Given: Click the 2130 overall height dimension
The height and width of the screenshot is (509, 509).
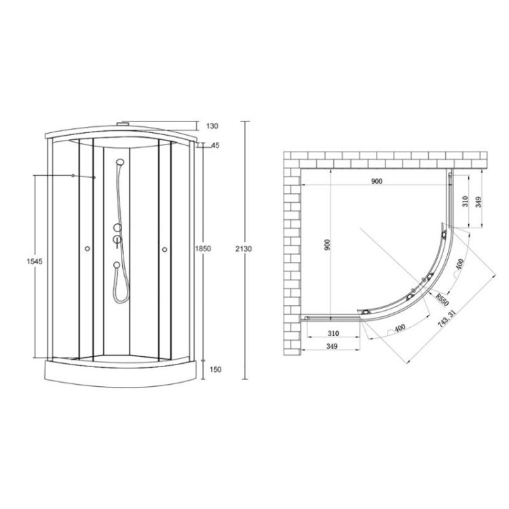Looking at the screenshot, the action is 244,249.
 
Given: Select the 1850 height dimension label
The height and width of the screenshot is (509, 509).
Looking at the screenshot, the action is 203,248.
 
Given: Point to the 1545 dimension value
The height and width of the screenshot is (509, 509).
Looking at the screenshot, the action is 35,261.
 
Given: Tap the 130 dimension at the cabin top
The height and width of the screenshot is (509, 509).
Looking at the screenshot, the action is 212,126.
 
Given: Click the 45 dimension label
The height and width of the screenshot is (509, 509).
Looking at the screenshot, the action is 215,145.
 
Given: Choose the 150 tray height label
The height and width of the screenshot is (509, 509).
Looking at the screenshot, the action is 216,369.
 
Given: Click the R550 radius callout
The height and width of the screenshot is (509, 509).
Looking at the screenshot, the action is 442,299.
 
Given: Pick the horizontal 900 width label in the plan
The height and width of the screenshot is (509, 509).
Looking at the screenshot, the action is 377,181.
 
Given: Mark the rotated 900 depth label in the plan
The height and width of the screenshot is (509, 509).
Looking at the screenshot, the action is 327,244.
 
